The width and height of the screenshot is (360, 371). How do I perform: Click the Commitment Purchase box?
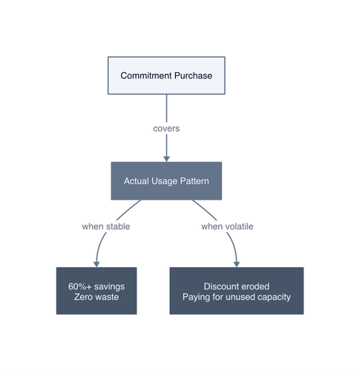166,76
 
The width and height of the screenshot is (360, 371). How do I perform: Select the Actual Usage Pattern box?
166,181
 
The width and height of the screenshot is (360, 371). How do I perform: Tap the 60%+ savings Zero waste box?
96,291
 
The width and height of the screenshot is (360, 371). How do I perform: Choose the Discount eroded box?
237,291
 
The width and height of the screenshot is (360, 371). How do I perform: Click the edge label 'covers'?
166,128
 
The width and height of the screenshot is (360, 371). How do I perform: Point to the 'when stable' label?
106,226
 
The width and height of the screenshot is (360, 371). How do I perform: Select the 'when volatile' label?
227,226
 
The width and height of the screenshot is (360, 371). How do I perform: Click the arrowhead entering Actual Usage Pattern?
166,159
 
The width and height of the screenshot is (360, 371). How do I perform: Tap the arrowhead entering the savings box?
96,264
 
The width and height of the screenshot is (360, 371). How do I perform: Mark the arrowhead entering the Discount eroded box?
237,264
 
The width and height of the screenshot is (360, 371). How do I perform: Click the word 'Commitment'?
146,76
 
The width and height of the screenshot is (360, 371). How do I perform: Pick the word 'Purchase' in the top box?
193,76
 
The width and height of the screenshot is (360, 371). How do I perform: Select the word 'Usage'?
164,181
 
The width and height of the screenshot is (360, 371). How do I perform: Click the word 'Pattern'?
194,181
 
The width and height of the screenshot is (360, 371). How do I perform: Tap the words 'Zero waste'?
96,297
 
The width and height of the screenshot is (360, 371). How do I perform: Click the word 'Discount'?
219,286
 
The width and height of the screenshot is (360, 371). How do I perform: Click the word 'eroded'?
253,286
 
